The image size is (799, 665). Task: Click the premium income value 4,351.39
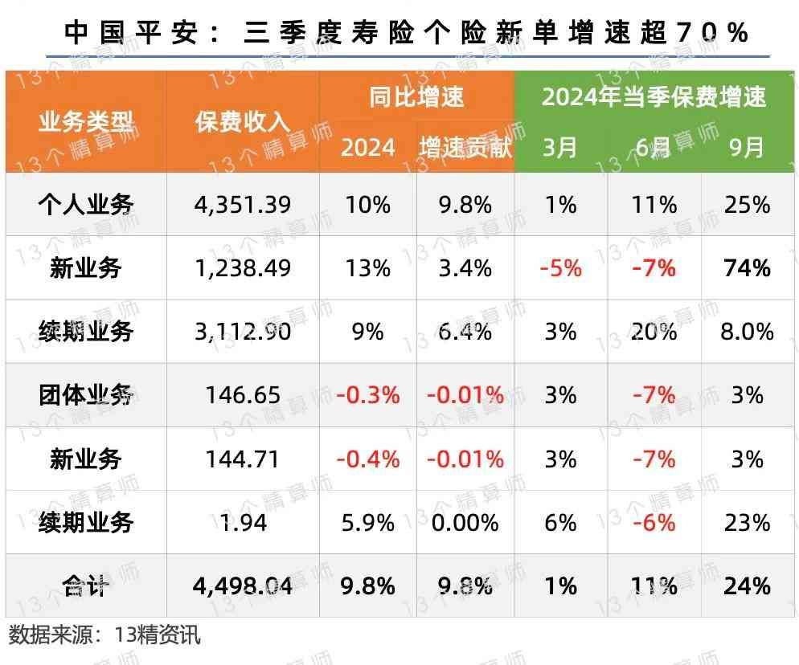point(242,205)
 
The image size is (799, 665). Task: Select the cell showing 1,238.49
point(242,267)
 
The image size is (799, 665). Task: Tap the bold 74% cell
point(747,267)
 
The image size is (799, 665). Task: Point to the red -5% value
point(560,267)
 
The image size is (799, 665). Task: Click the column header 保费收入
point(242,122)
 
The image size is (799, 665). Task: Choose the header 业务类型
point(86,122)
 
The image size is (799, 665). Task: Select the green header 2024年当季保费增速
point(654,97)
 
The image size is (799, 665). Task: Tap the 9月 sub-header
point(747,148)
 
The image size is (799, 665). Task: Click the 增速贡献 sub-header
point(465,148)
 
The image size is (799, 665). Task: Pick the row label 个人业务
point(86,205)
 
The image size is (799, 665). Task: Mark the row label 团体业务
point(86,395)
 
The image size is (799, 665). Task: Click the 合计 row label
point(86,586)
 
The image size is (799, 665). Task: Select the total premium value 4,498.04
point(242,586)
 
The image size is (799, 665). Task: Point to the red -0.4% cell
point(368,459)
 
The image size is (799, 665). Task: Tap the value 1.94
point(242,523)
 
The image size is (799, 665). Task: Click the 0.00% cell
point(465,523)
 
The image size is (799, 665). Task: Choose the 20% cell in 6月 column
point(654,332)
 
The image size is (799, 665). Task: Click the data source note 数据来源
point(104,635)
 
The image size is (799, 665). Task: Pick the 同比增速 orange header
point(416,97)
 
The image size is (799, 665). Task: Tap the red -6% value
point(654,523)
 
